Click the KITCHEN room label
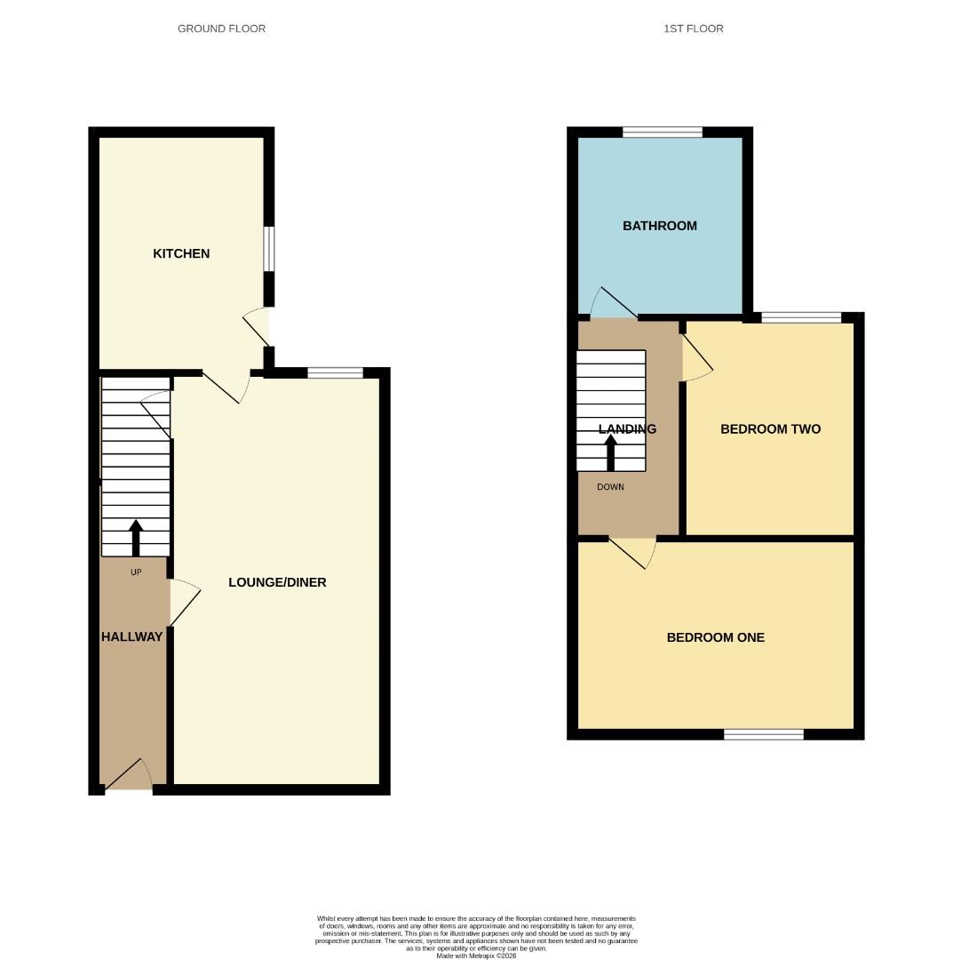[181, 253]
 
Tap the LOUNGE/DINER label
[277, 582]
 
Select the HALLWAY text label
[131, 636]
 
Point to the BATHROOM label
[659, 226]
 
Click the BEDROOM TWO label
[770, 429]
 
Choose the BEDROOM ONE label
[715, 637]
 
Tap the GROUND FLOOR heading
[221, 28]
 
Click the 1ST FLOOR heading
[693, 28]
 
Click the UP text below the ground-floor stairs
[136, 572]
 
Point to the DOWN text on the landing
[610, 487]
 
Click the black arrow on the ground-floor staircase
[136, 537]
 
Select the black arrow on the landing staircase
[610, 452]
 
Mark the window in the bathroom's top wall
[662, 132]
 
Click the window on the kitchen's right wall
[268, 248]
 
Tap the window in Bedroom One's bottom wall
[763, 734]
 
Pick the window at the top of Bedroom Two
[801, 317]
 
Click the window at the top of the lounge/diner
[335, 373]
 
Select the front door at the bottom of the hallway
[129, 777]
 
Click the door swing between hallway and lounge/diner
[184, 603]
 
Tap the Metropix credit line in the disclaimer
[475, 956]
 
